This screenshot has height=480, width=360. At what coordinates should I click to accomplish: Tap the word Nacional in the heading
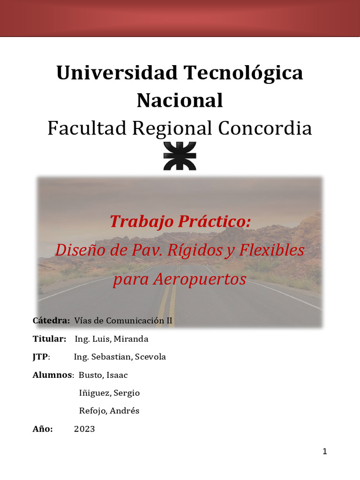180,100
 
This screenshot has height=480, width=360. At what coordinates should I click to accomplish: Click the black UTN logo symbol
180,156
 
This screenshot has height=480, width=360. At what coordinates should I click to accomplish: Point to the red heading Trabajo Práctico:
180,221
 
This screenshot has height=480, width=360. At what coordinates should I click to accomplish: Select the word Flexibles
272,250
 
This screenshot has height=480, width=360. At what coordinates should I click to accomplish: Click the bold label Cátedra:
51,321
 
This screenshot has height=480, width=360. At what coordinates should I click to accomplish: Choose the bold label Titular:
49,339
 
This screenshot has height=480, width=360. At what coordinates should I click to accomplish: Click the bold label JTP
40,357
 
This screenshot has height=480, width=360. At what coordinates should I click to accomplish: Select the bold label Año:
43,429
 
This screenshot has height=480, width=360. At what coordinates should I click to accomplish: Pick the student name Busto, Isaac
103,375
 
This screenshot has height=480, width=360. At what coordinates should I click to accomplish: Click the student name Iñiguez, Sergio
109,393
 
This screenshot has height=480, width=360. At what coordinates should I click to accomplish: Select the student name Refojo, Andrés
109,411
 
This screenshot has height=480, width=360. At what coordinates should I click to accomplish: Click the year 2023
84,429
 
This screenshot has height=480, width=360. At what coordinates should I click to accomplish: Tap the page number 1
325,452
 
